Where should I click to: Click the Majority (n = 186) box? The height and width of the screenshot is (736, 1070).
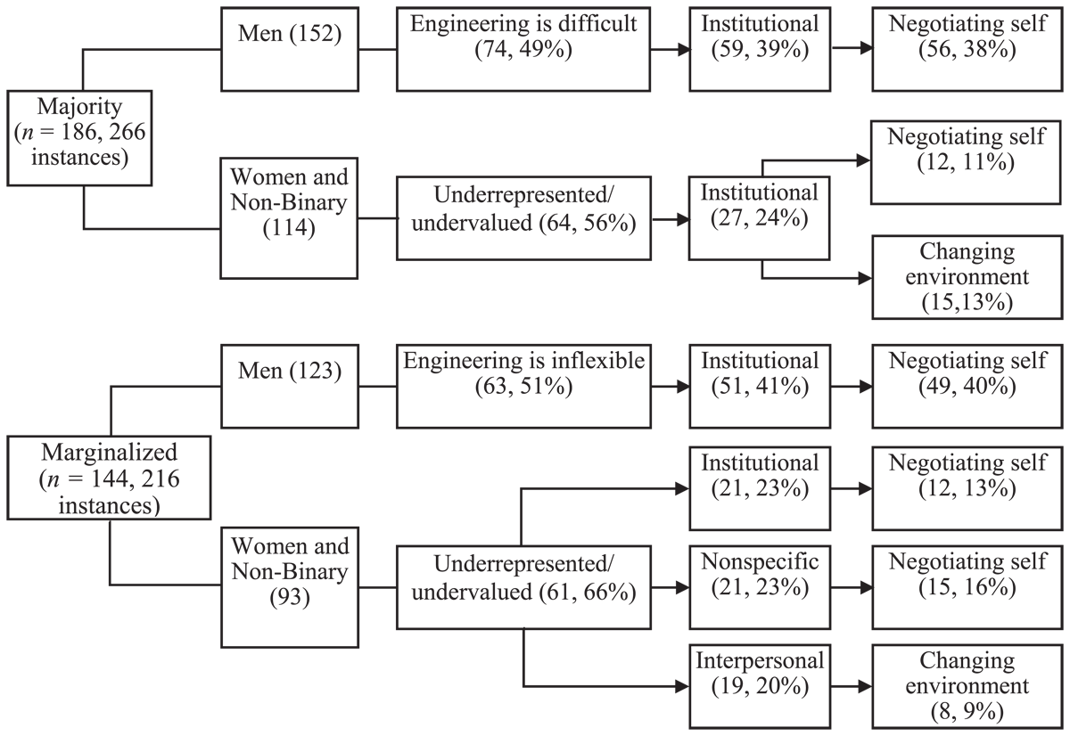[79, 138]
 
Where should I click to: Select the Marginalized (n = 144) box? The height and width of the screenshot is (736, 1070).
[109, 478]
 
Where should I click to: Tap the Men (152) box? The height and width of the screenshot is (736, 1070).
[290, 49]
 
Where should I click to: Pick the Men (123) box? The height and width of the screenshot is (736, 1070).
[290, 386]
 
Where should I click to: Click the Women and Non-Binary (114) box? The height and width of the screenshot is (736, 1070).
[289, 218]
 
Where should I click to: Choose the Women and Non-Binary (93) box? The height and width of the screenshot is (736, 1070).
[290, 587]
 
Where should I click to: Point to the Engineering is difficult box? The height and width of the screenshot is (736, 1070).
[523, 49]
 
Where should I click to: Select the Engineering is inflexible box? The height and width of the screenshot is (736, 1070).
[523, 386]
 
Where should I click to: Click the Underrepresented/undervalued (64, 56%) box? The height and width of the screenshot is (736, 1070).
[523, 218]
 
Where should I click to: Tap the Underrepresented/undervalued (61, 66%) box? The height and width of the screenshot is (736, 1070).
[523, 587]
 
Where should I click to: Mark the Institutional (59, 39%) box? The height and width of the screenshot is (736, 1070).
[760, 49]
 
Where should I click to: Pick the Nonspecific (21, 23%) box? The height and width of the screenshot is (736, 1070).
[760, 587]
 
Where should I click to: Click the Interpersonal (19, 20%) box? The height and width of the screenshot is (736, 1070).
[760, 686]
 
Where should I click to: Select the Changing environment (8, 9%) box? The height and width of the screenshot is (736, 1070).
[967, 686]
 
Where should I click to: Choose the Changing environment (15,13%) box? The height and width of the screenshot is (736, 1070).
[967, 277]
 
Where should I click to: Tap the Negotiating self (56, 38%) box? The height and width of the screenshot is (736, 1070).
[967, 49]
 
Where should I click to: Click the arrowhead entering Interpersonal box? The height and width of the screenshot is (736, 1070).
[682, 686]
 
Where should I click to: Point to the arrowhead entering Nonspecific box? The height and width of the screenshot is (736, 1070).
[682, 587]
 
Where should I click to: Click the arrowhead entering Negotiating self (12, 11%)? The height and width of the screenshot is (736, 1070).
[864, 160]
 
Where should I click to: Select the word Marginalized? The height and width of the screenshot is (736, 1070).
[109, 452]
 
